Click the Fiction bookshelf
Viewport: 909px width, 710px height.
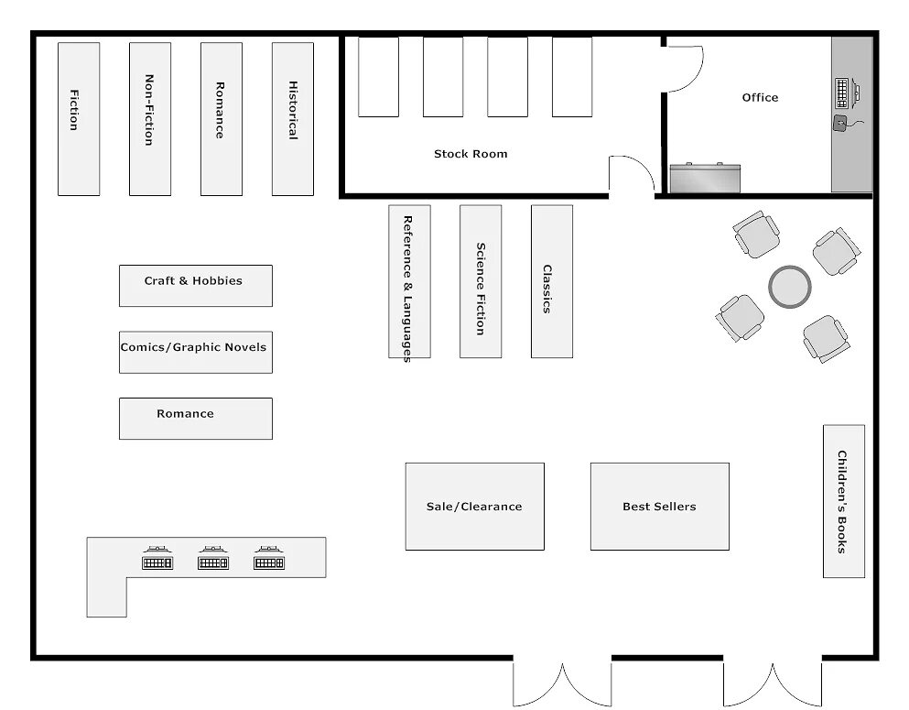79,119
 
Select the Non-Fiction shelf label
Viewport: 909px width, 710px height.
148,110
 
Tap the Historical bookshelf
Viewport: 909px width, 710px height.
293,119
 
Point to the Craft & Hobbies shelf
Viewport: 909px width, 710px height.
195,285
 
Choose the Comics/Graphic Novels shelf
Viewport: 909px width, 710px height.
195,352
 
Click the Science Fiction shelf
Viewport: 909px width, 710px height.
481,281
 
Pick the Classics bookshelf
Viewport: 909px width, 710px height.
552,281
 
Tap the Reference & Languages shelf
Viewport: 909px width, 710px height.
409,281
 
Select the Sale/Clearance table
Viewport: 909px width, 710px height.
474,506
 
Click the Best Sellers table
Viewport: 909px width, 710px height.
659,506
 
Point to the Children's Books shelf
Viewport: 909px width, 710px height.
843,501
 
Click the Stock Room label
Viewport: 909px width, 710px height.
471,154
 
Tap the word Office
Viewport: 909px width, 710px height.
760,97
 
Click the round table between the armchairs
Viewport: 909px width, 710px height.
789,287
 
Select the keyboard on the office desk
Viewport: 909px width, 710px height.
842,93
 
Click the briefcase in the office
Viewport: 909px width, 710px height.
704,178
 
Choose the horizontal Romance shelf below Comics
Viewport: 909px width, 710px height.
195,419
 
